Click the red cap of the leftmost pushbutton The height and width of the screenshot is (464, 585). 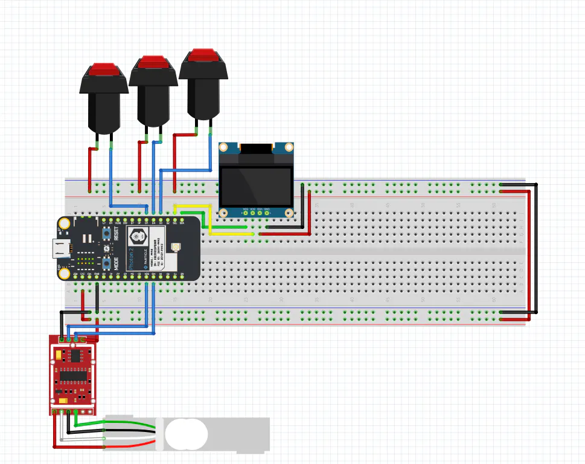(104, 69)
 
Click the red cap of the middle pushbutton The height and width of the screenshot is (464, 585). (153, 62)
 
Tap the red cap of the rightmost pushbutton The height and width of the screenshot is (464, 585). (203, 56)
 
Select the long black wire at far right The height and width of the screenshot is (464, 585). (536, 248)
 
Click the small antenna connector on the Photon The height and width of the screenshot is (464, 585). (176, 247)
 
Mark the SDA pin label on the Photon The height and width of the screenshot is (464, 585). (182, 223)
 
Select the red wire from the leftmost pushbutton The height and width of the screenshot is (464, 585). (90, 169)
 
